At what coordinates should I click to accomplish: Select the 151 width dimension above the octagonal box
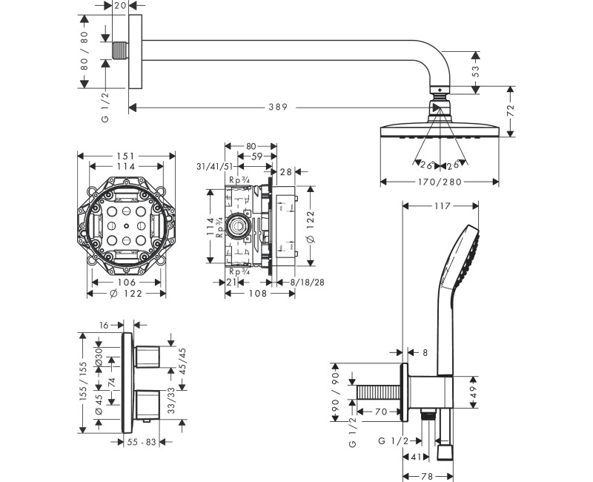(126, 156)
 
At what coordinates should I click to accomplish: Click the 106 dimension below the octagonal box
(126, 282)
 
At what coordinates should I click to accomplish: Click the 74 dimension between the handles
(110, 382)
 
